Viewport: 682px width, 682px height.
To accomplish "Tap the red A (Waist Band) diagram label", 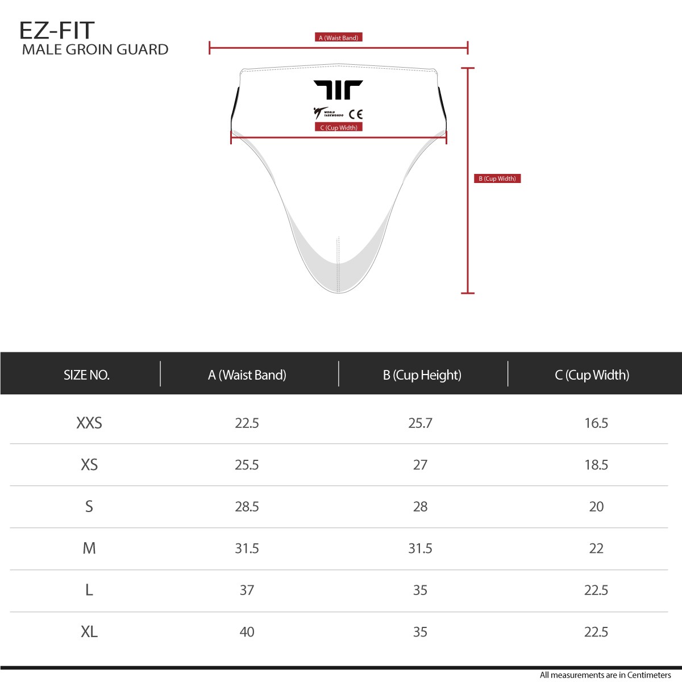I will click(338, 38).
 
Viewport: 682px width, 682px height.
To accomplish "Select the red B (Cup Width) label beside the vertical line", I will click(497, 178).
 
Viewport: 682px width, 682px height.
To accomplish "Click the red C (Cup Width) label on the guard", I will click(339, 127).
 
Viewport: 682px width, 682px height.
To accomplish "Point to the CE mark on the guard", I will click(356, 114).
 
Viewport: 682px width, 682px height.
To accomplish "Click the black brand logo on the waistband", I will click(338, 90).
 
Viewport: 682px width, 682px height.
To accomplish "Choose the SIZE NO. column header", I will click(86, 375).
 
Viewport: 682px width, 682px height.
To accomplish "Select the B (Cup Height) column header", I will click(422, 375).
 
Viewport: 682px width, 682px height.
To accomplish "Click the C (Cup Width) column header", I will click(592, 375).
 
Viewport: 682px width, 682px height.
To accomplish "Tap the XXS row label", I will click(89, 423).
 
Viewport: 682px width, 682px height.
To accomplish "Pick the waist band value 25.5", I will click(247, 465).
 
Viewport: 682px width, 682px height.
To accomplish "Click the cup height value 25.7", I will click(420, 423).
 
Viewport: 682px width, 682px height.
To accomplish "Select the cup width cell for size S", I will click(596, 506).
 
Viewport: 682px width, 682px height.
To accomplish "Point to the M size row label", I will click(89, 548).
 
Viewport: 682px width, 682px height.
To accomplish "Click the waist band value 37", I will click(247, 590).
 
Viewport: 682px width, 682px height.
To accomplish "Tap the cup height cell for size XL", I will click(420, 632).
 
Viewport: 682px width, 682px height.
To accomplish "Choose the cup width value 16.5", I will click(596, 423).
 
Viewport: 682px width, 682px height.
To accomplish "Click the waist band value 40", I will click(247, 632).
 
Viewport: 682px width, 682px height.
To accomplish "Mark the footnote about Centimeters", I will click(605, 675).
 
